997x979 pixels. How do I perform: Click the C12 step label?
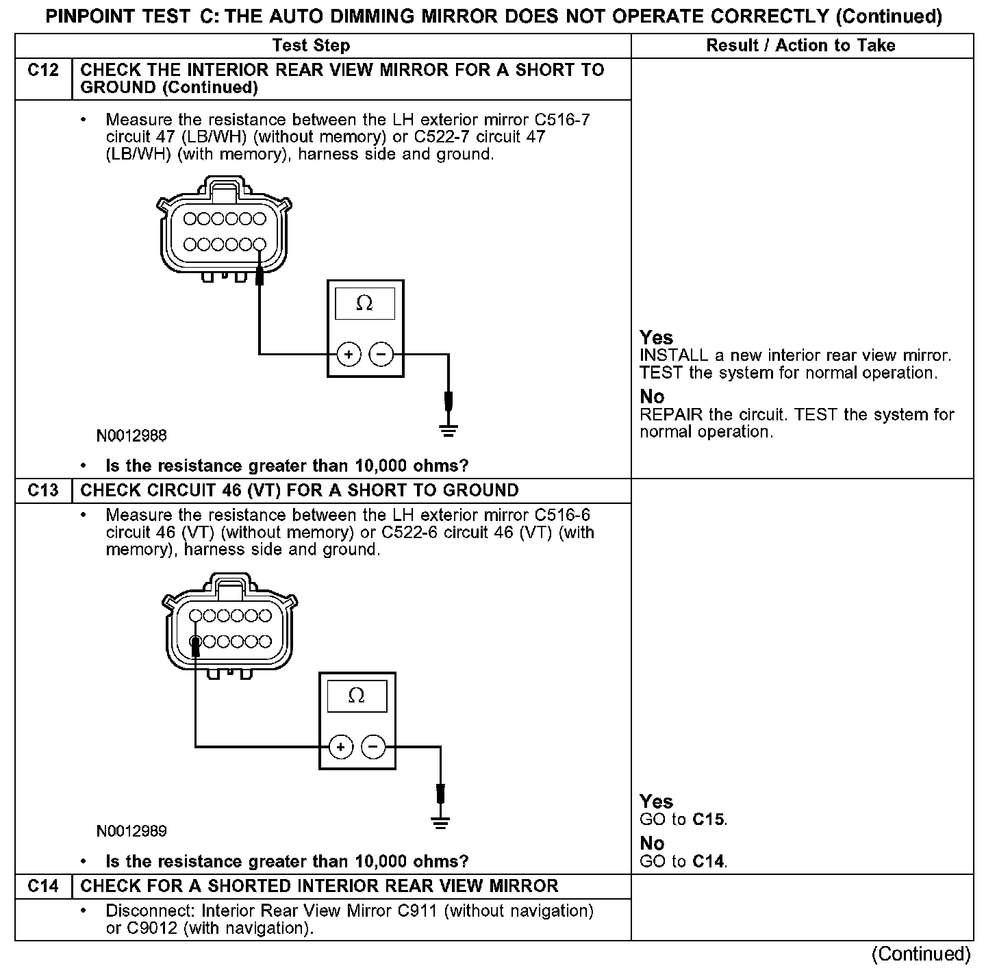(43, 71)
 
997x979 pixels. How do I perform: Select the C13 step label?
(43, 491)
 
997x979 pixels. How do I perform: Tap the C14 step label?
(43, 887)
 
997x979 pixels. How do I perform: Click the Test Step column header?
(311, 46)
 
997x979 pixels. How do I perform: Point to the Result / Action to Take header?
(800, 46)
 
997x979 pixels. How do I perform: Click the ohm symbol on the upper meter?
(365, 303)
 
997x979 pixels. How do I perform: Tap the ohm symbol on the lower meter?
(357, 696)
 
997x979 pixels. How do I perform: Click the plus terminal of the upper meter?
(349, 354)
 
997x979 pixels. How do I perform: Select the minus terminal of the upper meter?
(381, 354)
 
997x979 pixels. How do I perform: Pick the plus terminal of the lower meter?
(340, 746)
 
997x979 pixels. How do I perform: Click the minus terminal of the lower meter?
(373, 746)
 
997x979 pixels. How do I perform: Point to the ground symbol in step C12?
(449, 431)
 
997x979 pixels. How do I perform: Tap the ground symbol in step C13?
(441, 823)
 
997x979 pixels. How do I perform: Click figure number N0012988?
(131, 436)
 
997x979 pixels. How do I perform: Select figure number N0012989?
(131, 831)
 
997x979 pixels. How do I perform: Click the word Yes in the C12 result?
(656, 338)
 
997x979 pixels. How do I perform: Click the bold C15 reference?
(709, 819)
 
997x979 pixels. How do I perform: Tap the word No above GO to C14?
(652, 843)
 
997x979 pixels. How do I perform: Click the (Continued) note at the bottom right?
(920, 954)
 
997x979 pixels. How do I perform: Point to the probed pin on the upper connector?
(259, 244)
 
